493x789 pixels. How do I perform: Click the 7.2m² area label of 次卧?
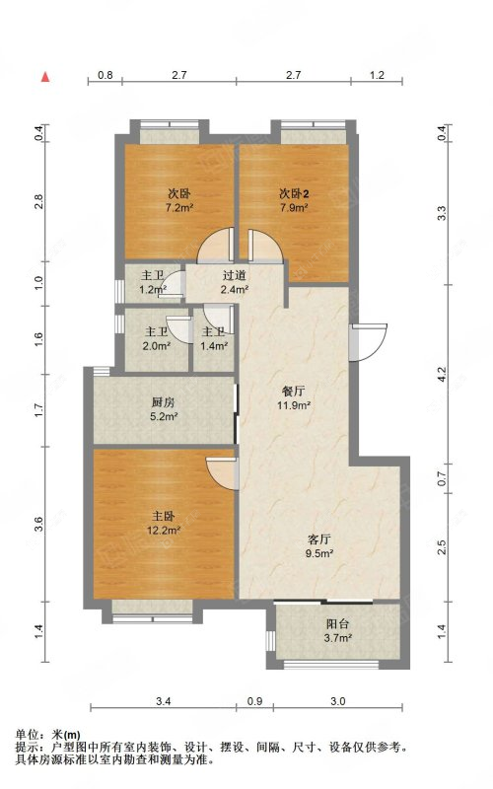[x=178, y=208]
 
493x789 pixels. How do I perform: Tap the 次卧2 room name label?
[x=294, y=192]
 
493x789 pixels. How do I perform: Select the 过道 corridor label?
[x=234, y=276]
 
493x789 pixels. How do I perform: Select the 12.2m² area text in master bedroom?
[x=164, y=531]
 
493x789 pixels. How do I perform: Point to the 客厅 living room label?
[x=318, y=539]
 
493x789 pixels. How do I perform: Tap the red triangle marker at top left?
[x=45, y=75]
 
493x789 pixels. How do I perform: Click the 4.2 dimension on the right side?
[x=442, y=375]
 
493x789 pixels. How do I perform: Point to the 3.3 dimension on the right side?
[x=442, y=211]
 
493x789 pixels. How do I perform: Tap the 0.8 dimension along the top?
[x=106, y=75]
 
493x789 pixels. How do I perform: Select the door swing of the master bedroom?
[x=224, y=471]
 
